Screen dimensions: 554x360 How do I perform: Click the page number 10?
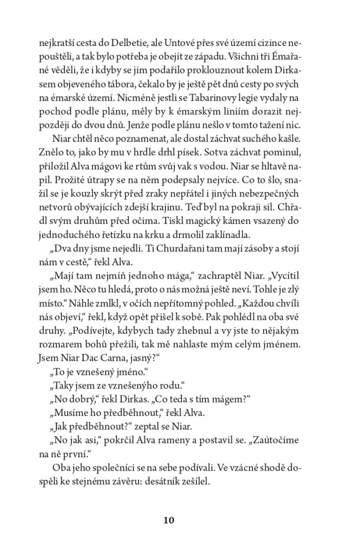click(168, 521)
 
